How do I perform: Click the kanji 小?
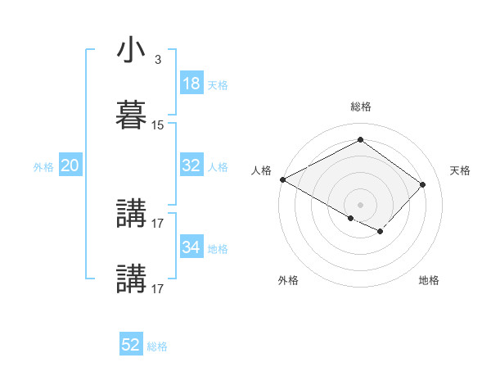pos(131,51)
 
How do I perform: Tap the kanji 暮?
pos(131,115)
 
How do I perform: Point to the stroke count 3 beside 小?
pos(157,60)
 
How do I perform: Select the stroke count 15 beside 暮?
pos(158,125)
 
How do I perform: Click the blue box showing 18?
pos(191,84)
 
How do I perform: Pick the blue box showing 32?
pos(191,165)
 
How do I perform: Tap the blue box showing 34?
pos(191,247)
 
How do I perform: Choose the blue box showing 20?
pos(70,165)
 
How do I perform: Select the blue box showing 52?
pos(131,346)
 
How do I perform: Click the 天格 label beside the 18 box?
pos(218,85)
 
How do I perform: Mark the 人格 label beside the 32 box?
pos(218,167)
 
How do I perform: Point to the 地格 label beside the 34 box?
pos(218,248)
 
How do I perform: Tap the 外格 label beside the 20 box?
pos(43,167)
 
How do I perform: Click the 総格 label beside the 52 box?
pos(157,347)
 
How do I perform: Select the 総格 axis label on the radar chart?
pos(360,106)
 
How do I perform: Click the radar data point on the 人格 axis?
pos(282,179)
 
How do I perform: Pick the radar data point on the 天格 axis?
pos(422,184)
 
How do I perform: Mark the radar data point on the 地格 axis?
pos(380,232)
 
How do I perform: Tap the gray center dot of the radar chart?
pos(360,204)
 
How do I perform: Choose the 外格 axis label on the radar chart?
pos(288,280)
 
